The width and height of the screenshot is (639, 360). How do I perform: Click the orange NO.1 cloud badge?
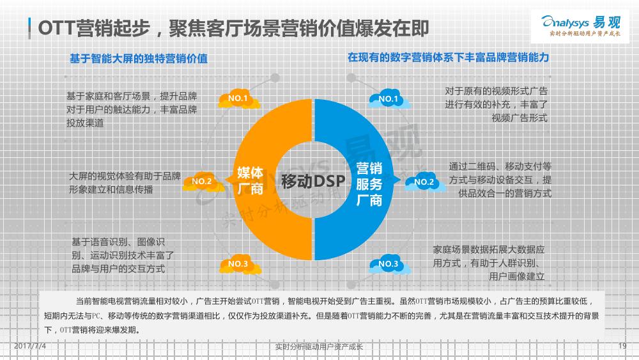[x=239, y=98]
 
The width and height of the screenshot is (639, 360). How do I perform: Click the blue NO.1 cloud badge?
[x=389, y=99]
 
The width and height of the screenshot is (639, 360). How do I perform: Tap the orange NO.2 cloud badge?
[x=203, y=182]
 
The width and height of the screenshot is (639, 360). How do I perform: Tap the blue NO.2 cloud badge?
[x=426, y=182]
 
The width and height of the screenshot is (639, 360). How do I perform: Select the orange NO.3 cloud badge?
[x=240, y=264]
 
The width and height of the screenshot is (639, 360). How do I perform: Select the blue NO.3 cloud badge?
[x=389, y=264]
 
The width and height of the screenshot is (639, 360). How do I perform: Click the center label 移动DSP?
[x=313, y=181]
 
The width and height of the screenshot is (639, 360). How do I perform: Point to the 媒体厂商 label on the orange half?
[x=250, y=180]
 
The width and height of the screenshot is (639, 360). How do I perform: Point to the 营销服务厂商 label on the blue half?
[x=369, y=184]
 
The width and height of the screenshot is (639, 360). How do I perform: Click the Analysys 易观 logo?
[x=580, y=26]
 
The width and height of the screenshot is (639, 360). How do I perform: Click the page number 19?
[x=622, y=346]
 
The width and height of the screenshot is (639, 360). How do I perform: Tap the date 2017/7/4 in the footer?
[x=30, y=346]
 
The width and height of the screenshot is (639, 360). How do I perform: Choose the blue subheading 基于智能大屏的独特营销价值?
[x=139, y=59]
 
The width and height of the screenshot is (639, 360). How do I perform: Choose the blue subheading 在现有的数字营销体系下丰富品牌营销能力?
[x=449, y=58]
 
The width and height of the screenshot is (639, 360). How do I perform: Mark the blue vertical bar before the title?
[x=29, y=29]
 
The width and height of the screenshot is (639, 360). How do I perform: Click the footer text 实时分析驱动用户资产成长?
[x=319, y=347]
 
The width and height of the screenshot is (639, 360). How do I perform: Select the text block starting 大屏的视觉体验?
[x=125, y=183]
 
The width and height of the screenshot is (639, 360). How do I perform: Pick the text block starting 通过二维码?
[x=500, y=180]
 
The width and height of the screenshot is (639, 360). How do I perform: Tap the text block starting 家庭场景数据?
[x=489, y=263]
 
